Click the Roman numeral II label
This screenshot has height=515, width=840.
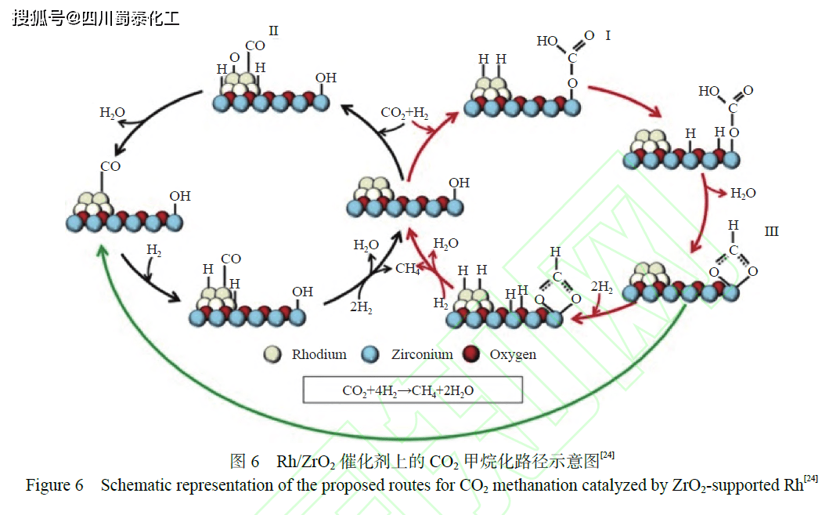[273, 31]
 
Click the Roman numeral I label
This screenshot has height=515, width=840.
[608, 36]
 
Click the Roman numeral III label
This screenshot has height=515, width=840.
[772, 232]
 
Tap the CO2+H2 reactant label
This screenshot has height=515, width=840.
[405, 113]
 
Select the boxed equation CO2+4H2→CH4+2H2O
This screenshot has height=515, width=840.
[413, 390]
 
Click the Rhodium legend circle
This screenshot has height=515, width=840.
[273, 354]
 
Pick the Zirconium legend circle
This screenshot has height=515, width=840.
[371, 354]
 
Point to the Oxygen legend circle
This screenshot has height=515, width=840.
[471, 354]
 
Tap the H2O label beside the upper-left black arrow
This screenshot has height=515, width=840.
[112, 113]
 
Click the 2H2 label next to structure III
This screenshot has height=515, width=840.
[601, 287]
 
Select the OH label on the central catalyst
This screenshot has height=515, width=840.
[459, 183]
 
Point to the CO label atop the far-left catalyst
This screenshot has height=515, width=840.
[110, 166]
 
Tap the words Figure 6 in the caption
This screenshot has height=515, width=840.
[54, 485]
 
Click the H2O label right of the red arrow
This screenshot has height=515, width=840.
[743, 193]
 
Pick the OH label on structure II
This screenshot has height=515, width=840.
[326, 78]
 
